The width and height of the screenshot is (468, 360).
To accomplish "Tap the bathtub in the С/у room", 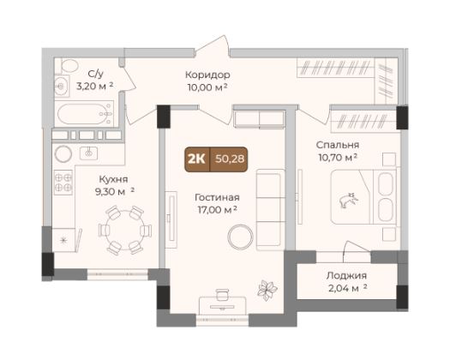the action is pyautogui.click(x=85, y=114).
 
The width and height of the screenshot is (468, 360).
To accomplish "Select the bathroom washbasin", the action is pyautogui.click(x=62, y=86).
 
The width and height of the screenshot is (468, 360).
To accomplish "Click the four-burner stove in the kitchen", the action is pyautogui.click(x=63, y=183).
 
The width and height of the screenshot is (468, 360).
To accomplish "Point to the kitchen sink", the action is pyautogui.click(x=88, y=153).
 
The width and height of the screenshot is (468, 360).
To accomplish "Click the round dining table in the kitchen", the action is pyautogui.click(x=125, y=231).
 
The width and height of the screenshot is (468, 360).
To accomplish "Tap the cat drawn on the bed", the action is pyautogui.click(x=348, y=201).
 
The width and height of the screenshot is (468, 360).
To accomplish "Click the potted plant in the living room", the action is pyautogui.click(x=267, y=290).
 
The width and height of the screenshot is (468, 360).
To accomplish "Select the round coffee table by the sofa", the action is pyautogui.click(x=240, y=237).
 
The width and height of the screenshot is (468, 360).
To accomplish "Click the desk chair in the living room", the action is pyautogui.click(x=222, y=295).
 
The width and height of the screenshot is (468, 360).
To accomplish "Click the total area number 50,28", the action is pyautogui.click(x=230, y=159).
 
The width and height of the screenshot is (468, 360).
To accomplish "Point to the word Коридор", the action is pyautogui.click(x=207, y=75).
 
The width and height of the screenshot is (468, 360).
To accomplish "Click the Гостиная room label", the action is pyautogui.click(x=217, y=198).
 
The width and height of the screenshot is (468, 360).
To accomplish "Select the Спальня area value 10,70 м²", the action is pyautogui.click(x=339, y=158).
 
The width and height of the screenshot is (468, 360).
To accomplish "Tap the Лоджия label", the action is pyautogui.click(x=346, y=275).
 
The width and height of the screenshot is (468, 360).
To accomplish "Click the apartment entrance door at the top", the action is pyautogui.click(x=213, y=46).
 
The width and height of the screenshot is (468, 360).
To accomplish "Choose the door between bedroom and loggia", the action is pyautogui.click(x=357, y=247).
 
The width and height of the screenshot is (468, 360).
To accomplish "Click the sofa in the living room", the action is pyautogui.click(x=270, y=209).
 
